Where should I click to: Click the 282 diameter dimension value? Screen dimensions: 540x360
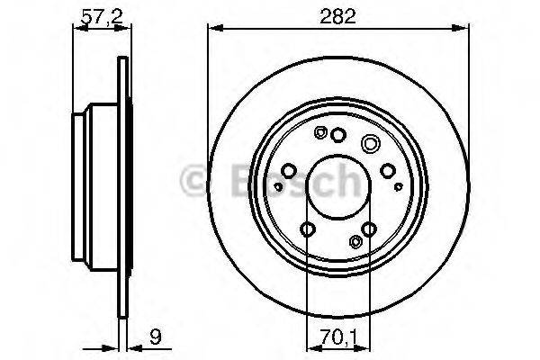pos(337,16)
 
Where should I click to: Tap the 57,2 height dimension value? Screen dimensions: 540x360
pos(102,16)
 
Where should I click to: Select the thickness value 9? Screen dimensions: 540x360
pos(156,337)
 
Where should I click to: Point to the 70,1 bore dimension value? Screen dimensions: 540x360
pos(338,337)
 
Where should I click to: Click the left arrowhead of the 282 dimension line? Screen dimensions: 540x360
pos(216,29)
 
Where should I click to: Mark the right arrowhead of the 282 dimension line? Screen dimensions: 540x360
pos(461,29)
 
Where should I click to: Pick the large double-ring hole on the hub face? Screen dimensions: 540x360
pos(371,143)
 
